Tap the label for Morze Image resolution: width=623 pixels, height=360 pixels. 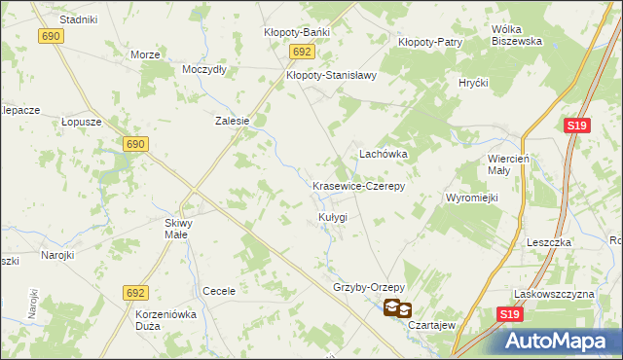(x=145, y=54)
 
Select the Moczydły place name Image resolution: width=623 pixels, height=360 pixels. (x=204, y=70)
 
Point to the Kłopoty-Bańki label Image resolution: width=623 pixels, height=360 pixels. (x=297, y=32)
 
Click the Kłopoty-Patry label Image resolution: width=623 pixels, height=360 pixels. (x=430, y=42)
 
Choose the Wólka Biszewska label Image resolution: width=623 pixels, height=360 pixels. (x=516, y=35)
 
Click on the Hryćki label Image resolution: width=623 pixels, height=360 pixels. (x=473, y=84)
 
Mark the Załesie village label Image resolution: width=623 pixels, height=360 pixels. (x=233, y=122)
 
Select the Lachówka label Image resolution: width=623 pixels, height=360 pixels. (x=384, y=154)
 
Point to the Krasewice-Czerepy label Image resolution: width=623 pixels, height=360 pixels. (x=358, y=185)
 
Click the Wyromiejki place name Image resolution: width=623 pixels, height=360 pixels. (x=472, y=198)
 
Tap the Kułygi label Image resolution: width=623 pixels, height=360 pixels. (x=332, y=216)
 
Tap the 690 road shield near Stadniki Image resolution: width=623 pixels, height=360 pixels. (x=53, y=35)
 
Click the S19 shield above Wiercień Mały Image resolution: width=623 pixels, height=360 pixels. (x=576, y=126)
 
